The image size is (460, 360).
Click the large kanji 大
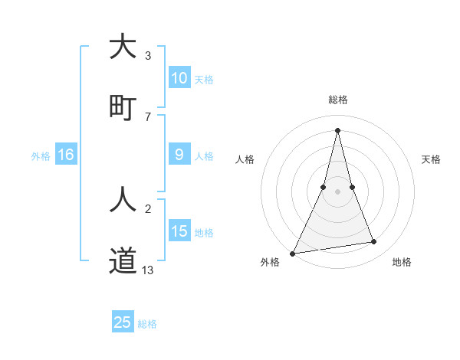123,47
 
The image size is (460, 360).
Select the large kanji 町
123,106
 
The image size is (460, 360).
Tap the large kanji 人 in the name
123,200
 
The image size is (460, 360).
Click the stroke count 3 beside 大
148,56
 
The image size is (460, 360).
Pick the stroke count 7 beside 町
148,116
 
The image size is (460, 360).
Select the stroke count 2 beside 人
148,209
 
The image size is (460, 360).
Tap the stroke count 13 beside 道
148,270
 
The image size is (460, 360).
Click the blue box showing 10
179,78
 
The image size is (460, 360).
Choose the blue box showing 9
179,155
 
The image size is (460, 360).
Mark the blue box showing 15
179,231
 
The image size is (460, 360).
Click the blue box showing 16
66,155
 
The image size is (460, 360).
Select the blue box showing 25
123,322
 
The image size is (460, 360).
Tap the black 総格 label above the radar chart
337,100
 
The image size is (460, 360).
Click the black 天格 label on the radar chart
432,159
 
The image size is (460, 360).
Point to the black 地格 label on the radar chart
402,263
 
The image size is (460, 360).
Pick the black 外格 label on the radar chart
270,263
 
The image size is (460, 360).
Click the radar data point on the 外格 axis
293,253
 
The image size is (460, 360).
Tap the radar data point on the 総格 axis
337,130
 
